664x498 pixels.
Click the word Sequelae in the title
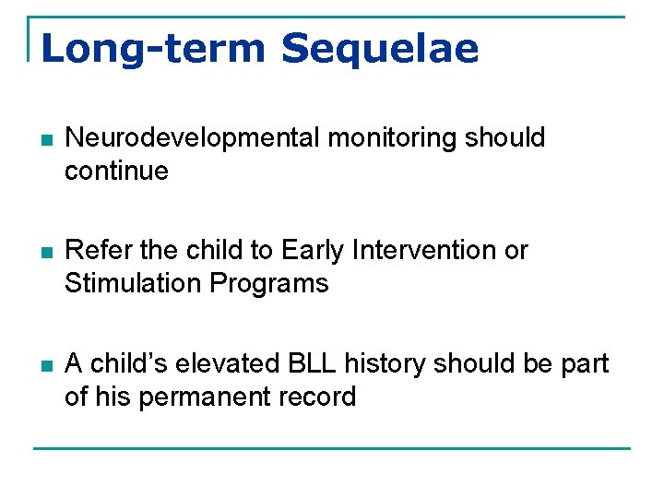click(380, 48)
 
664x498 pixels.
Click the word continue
click(116, 172)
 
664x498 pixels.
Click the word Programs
click(270, 283)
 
